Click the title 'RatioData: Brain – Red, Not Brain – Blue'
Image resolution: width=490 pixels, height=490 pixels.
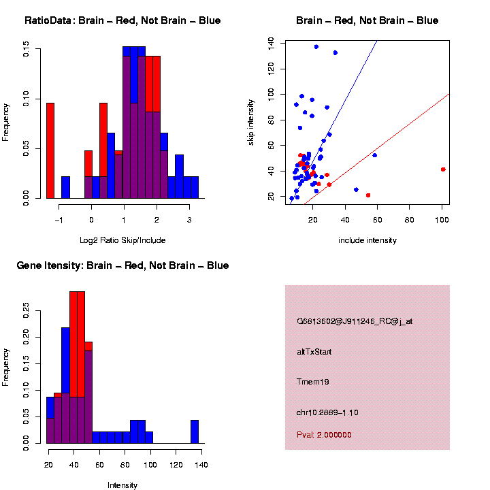pos(122,20)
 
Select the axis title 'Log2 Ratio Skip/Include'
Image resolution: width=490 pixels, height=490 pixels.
pos(122,240)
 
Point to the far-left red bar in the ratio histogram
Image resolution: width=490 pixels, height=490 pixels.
pos(50,150)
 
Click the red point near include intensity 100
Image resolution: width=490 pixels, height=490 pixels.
pos(443,169)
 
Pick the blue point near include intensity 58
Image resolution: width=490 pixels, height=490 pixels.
pos(374,155)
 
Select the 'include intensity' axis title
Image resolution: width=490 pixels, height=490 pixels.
pos(367,240)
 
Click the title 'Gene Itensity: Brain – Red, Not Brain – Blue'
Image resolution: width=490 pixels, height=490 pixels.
pos(122,265)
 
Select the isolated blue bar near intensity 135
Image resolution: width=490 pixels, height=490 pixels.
pos(195,432)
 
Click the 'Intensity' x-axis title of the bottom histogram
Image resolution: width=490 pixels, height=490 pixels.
pos(122,485)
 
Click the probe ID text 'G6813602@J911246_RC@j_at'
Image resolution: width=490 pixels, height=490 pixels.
pos(355,321)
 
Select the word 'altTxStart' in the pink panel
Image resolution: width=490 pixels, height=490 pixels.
pos(314,352)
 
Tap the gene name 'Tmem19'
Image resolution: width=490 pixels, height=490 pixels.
pos(313,382)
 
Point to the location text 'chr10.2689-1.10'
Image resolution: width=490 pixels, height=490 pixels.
pos(327,412)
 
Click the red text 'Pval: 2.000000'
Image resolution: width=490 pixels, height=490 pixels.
pos(324,435)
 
